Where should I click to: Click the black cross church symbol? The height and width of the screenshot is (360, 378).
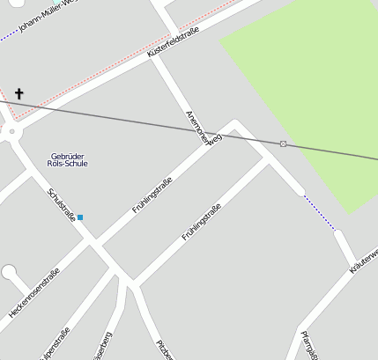pos(19,92)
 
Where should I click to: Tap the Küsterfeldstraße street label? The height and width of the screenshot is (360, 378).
pos(174,42)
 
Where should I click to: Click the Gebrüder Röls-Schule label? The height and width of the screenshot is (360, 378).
pos(69,159)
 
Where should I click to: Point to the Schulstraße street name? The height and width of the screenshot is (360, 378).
pos(62,204)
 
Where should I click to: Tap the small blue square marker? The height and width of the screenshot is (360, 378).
pos(80,217)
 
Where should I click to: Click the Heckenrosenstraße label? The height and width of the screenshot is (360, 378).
pos(33,292)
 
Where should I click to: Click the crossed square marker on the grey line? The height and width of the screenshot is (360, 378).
pos(283,143)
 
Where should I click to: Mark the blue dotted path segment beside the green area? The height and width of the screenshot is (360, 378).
pos(319,212)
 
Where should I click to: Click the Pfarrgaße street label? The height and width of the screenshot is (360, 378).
pos(308,345)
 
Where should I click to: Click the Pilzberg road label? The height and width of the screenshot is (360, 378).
pos(164,349)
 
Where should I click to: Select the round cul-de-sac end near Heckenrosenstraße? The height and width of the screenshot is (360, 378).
pos(9,273)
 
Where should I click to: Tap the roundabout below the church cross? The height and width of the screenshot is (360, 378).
pos(11,133)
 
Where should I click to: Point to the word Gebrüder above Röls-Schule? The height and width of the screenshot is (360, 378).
pos(68,155)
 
